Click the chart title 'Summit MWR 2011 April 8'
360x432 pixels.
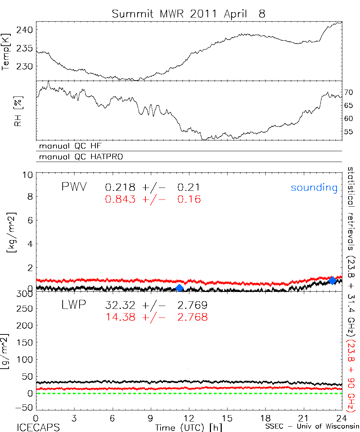pyautogui.click(x=188, y=14)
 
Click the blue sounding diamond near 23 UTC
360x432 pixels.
pyautogui.click(x=332, y=280)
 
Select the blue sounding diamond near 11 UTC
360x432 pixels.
pyautogui.click(x=180, y=288)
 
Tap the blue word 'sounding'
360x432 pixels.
pyautogui.click(x=314, y=188)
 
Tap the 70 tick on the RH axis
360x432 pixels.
pyautogui.click(x=348, y=93)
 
